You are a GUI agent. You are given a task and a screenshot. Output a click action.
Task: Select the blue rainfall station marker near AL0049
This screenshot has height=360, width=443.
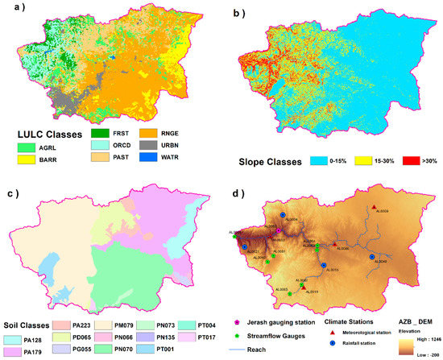pos(371,257)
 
